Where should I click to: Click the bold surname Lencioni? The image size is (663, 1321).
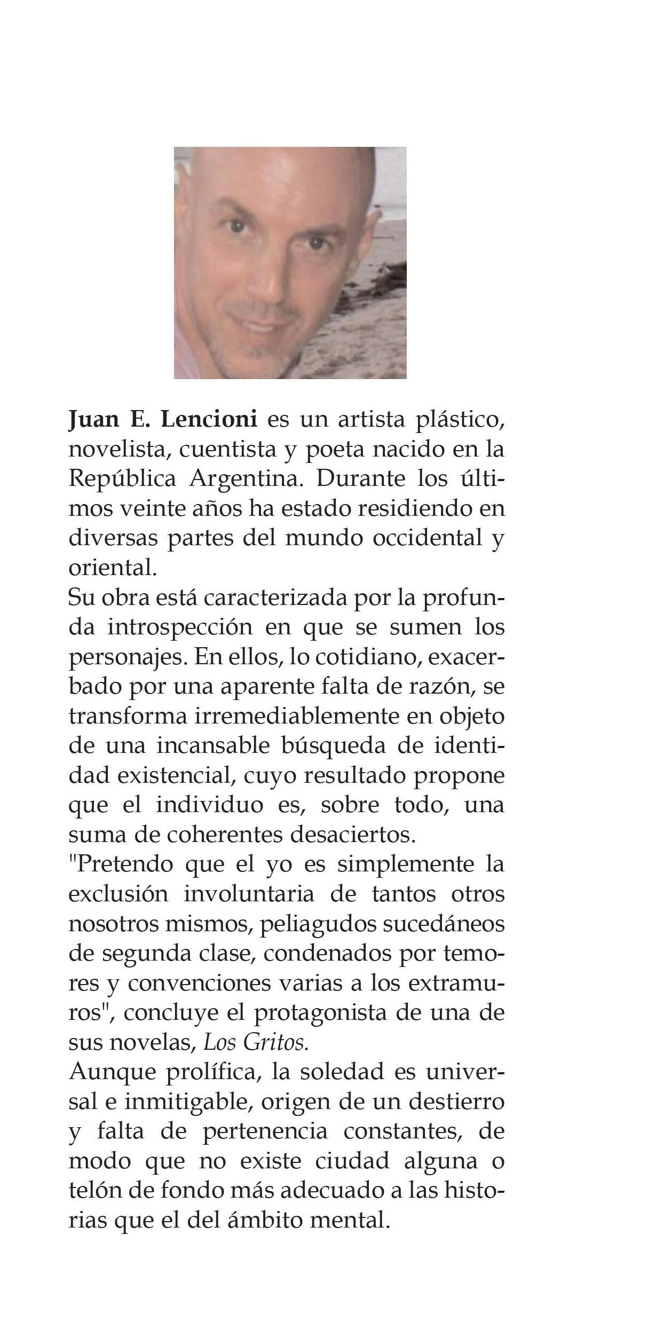click(209, 419)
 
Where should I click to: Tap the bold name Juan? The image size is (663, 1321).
click(94, 419)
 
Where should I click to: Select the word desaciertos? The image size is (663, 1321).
click(352, 835)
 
